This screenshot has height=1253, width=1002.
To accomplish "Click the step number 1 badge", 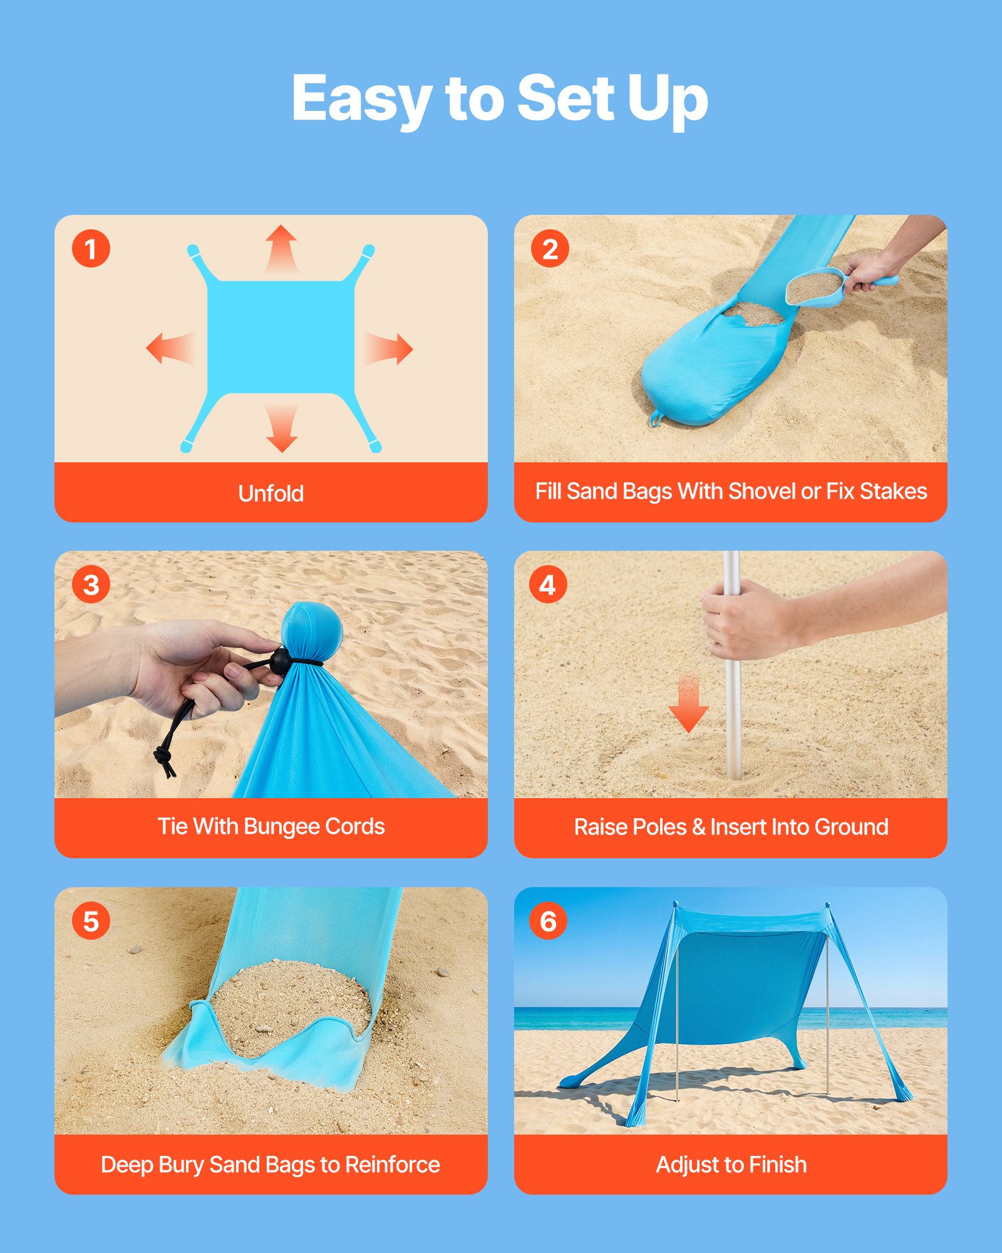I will [x=91, y=249].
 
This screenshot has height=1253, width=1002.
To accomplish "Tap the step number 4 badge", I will [x=548, y=585].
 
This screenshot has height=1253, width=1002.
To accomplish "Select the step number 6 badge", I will [x=548, y=921].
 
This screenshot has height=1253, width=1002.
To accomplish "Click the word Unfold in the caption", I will [x=271, y=494].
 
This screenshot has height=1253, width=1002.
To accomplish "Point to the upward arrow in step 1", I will [x=281, y=247].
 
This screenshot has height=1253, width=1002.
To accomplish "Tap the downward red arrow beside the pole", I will [x=688, y=705].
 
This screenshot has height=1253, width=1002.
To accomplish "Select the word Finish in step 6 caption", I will [x=777, y=1165].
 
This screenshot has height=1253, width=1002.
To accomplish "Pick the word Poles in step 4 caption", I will [x=658, y=827].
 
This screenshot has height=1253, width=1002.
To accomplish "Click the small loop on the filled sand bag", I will [x=655, y=418].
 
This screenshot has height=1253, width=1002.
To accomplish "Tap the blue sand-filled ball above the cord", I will [x=311, y=628].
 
